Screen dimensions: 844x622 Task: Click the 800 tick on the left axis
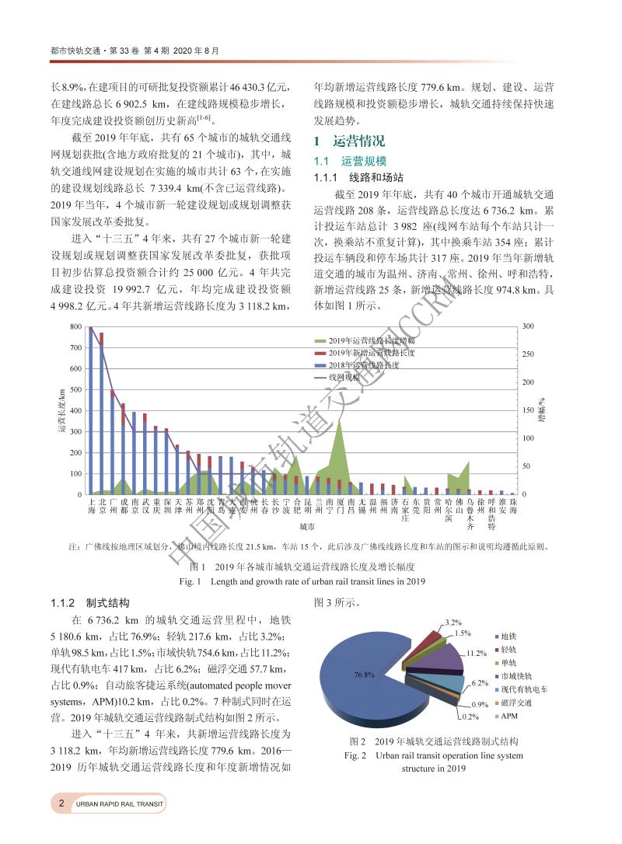point(75,326)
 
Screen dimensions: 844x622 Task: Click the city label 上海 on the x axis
point(92,507)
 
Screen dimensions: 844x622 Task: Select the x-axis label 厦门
point(339,507)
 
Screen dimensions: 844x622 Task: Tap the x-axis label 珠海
point(512,507)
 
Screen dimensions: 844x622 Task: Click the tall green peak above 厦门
point(338,424)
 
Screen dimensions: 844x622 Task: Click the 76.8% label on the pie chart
point(364,675)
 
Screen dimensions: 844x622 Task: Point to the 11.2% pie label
point(477,653)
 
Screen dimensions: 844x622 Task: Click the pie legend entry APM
point(509,715)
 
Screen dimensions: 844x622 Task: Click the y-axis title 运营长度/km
point(60,410)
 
